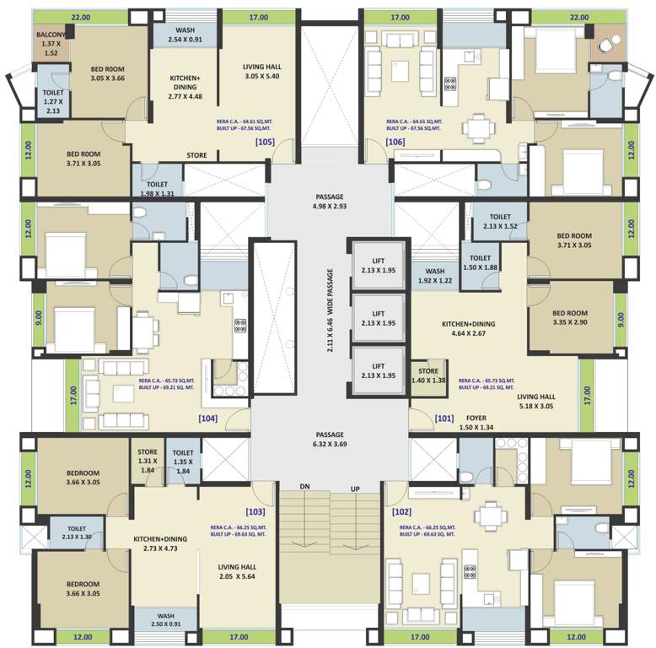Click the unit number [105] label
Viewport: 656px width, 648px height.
[264, 142]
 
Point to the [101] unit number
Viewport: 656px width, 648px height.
[444, 418]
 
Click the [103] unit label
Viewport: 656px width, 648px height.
[256, 511]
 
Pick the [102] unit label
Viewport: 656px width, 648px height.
[402, 511]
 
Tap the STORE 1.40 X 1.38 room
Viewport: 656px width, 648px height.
[429, 375]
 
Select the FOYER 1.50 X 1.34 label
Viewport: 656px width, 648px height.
[476, 422]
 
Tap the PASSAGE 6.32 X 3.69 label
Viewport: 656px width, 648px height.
[330, 438]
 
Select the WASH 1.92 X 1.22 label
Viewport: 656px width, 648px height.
[434, 276]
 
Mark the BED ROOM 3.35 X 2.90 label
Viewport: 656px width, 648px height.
[570, 316]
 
